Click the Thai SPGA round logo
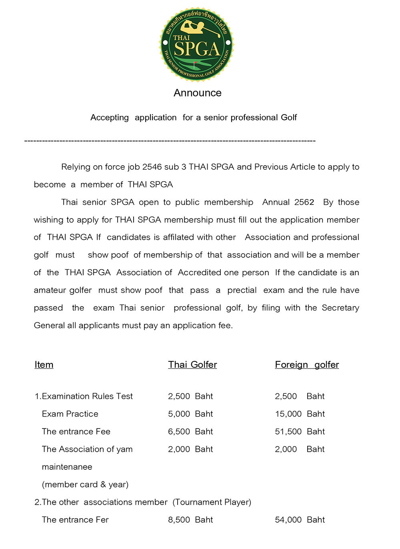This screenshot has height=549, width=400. pyautogui.click(x=196, y=44)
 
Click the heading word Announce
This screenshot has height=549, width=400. pyautogui.click(x=198, y=93)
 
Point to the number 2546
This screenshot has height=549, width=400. pyautogui.click(x=152, y=167)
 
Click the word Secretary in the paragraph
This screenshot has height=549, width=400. pyautogui.click(x=340, y=308)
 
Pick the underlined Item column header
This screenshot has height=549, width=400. pyautogui.click(x=44, y=365)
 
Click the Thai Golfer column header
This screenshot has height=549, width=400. pyautogui.click(x=192, y=365)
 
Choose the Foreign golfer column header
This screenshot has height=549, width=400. pyautogui.click(x=307, y=365)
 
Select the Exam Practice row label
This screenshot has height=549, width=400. pyautogui.click(x=70, y=414)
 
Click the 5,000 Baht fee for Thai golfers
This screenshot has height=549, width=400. pyautogui.click(x=190, y=414)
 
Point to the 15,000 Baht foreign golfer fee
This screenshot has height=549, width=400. pyautogui.click(x=300, y=414)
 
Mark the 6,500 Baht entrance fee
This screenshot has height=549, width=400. pyautogui.click(x=190, y=431)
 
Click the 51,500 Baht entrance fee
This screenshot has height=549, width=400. pyautogui.click(x=300, y=431)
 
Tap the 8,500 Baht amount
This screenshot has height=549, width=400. pyautogui.click(x=190, y=520)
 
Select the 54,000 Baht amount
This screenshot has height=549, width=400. pyautogui.click(x=300, y=520)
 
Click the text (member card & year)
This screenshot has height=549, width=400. pyautogui.click(x=85, y=485)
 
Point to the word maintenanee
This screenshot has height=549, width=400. pyautogui.click(x=67, y=467)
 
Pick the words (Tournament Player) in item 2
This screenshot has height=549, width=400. pyautogui.click(x=212, y=502)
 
